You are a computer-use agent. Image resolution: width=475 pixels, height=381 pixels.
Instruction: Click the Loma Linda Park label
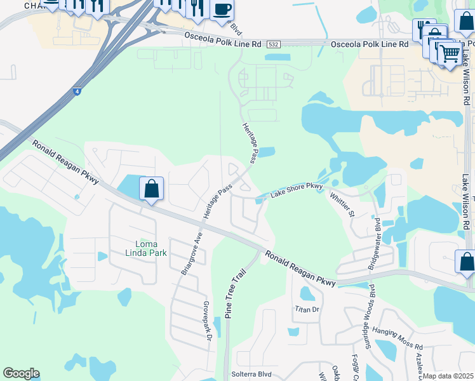pos(151,248)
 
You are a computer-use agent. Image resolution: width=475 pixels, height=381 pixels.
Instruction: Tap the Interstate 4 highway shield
pos(77,91)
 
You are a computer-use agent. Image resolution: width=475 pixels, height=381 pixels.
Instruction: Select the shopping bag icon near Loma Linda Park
pos(151,189)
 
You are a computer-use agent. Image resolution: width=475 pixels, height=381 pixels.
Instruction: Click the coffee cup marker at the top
pos(222,9)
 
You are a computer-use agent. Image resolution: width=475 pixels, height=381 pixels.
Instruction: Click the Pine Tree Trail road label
pos(234,293)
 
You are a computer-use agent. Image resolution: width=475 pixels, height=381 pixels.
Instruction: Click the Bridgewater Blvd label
pos(375,244)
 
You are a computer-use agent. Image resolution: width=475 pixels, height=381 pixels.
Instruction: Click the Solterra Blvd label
pos(251,374)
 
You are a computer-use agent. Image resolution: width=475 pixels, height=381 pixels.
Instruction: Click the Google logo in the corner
pos(21,373)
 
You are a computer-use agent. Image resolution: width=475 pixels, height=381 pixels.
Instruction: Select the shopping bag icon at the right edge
pos(466,262)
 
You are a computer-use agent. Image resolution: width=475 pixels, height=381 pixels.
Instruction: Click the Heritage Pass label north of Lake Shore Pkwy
pos(249,142)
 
